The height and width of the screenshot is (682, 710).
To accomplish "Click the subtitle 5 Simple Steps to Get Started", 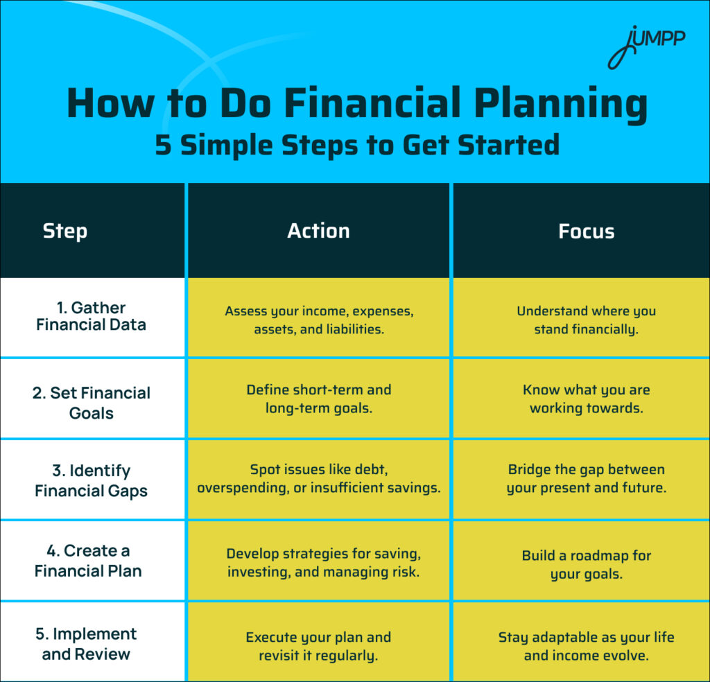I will point(356,146).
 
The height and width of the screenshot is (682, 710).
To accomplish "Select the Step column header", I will point(65,231).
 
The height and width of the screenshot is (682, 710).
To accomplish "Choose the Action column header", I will point(318,231).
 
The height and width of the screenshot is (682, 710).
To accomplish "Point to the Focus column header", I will point(586,231).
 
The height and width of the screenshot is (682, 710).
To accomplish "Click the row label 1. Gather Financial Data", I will point(92,316).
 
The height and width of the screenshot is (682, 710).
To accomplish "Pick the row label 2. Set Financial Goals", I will point(92,403).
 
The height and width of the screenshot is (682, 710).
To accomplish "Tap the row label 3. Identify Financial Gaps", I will point(92,481).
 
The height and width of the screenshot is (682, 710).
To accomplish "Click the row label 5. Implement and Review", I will point(86,644).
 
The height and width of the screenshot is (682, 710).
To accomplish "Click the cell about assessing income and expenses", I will point(319,320).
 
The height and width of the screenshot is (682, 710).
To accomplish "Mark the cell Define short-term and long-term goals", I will point(319,399).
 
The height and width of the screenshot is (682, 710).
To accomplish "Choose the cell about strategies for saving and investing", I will point(319,563).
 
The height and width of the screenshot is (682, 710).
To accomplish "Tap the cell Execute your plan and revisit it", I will point(319,645).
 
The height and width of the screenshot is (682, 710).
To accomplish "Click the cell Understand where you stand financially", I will point(586,320).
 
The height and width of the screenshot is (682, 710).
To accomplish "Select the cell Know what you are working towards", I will point(586,399).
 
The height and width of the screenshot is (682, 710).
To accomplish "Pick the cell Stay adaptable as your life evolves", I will point(586,645).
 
